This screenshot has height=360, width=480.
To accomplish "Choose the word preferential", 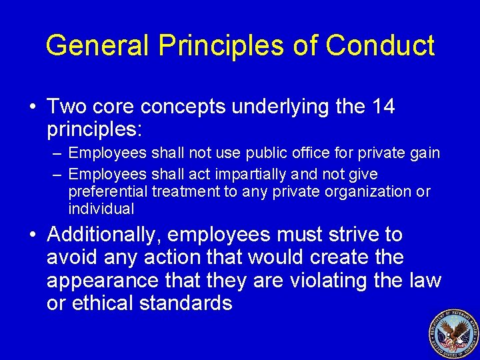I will (x=108, y=192).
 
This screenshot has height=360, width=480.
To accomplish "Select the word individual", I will (x=101, y=209).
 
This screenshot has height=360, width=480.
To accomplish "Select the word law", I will (x=426, y=281).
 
